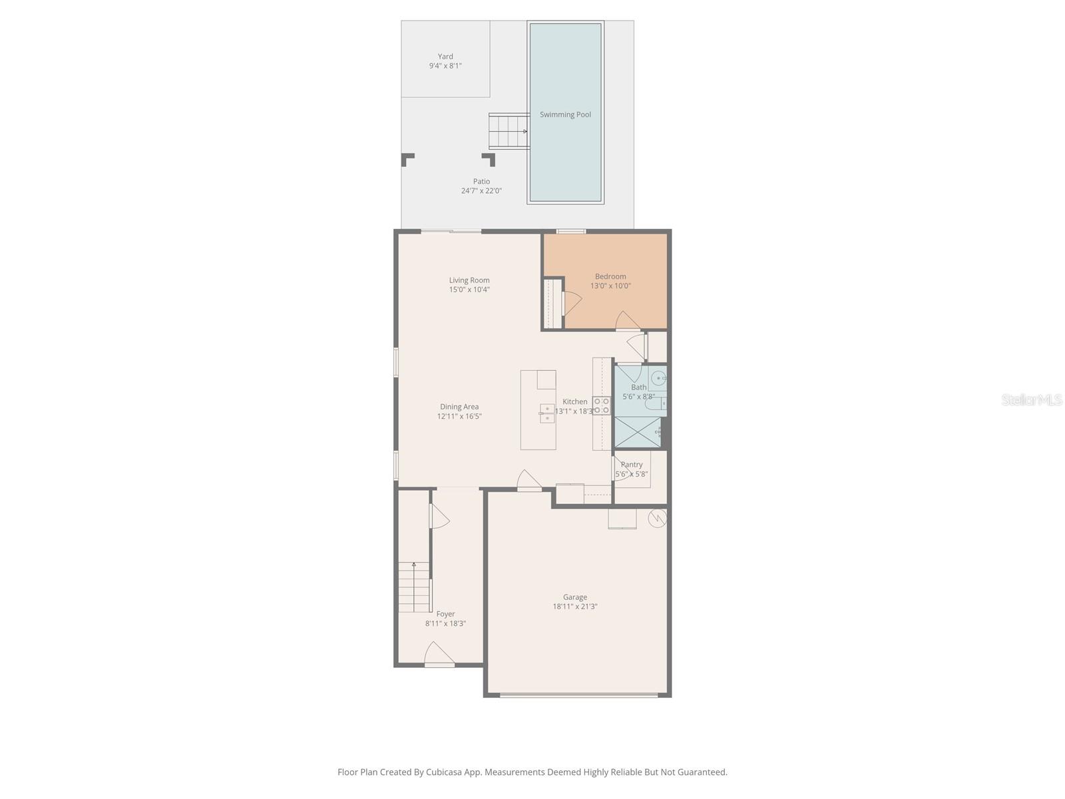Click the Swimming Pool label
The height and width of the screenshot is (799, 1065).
565,115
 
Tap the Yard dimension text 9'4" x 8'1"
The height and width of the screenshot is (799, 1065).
445,65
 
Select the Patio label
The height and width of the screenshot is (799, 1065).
481,181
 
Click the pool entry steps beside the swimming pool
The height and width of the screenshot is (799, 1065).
509,131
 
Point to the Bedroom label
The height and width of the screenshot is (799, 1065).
610,276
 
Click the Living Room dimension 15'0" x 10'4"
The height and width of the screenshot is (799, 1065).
469,290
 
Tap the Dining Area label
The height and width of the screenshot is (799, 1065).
459,407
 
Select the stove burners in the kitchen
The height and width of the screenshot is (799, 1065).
602,405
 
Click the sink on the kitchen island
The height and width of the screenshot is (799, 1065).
547,413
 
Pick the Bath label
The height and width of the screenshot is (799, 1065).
638,387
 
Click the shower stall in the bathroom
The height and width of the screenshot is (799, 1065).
638,431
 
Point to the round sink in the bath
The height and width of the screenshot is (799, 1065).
658,378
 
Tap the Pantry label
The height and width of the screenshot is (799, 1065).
631,464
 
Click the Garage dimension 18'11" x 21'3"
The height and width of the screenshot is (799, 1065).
575,607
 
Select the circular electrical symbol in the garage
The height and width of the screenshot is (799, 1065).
658,518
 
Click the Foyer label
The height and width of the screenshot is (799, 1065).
445,614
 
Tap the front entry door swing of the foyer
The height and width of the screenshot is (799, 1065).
439,654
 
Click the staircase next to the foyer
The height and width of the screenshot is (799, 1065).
414,587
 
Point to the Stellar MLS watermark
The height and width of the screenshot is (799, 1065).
1032,400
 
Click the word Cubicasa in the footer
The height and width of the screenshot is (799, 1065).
444,772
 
